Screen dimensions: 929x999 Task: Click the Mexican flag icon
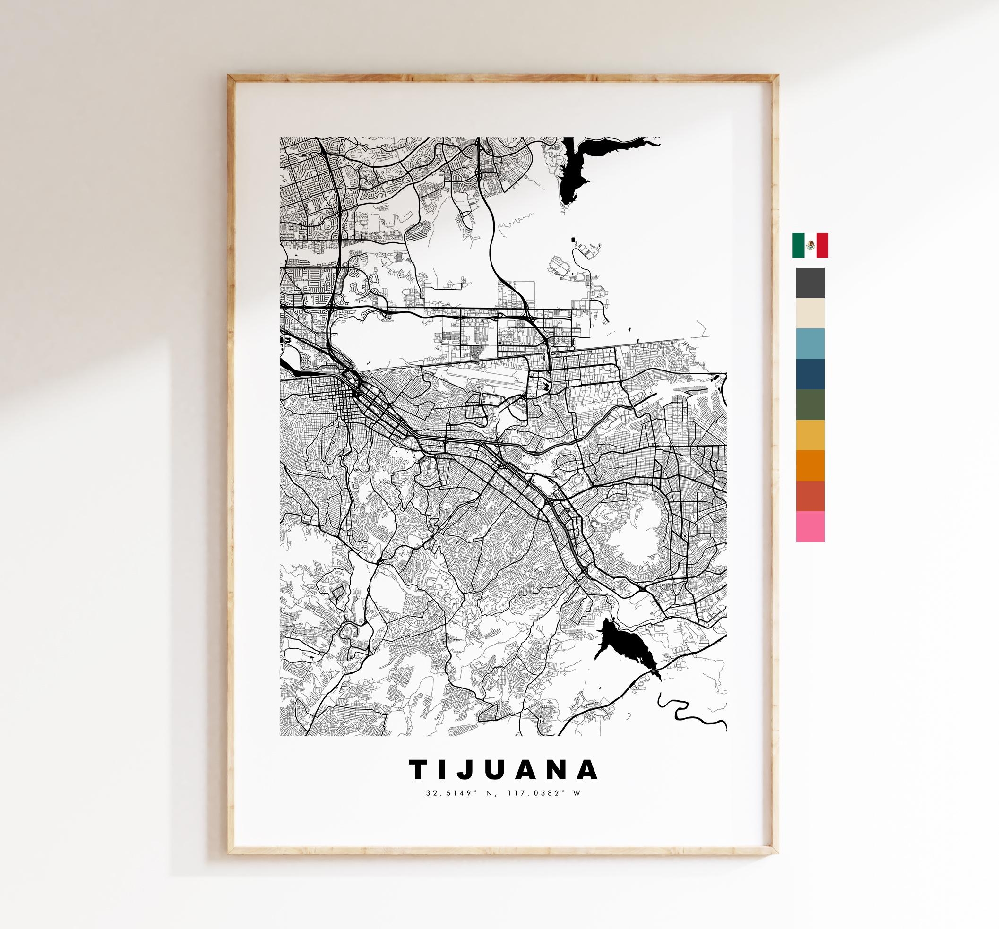[810, 245]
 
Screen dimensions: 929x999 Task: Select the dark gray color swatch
[810, 283]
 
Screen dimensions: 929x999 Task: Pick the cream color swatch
[810, 313]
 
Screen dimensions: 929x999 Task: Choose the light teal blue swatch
[810, 344]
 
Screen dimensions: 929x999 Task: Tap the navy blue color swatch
[810, 374]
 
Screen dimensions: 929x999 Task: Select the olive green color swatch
[810, 405]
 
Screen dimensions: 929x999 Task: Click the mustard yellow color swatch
[810, 435]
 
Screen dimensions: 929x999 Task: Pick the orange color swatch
[810, 466]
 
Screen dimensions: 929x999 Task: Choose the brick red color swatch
[810, 496]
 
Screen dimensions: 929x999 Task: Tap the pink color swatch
[810, 526]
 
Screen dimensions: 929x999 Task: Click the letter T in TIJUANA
[420, 769]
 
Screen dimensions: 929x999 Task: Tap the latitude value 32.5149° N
[451, 793]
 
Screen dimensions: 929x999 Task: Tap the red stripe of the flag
[822, 245]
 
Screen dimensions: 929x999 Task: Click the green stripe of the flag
[799, 245]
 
